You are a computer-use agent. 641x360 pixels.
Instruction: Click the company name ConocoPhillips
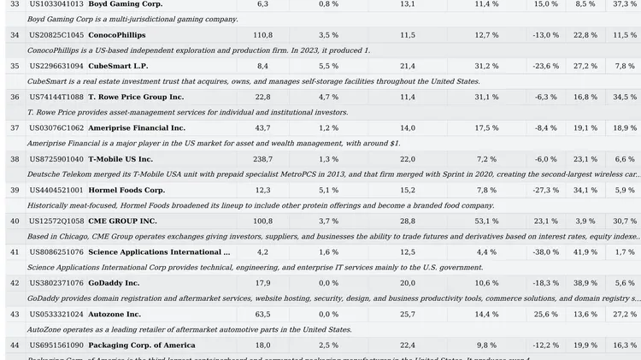(116, 35)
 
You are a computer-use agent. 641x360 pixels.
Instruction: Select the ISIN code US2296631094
(56, 66)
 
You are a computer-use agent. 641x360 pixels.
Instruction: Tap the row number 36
(15, 97)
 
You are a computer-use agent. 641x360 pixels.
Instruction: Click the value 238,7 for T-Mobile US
(262, 159)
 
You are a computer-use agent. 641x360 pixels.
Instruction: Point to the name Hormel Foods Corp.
(126, 190)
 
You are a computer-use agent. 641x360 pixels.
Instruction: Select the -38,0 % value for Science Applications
(546, 252)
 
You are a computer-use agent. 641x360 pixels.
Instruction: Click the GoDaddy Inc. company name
(114, 283)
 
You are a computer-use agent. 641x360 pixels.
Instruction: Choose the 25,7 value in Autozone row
(408, 314)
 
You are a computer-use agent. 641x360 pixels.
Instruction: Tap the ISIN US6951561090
(56, 345)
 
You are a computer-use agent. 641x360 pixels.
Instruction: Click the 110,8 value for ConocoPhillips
(262, 35)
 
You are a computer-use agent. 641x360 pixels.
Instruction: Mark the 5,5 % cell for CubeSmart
(328, 66)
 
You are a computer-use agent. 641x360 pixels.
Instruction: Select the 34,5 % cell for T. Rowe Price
(625, 97)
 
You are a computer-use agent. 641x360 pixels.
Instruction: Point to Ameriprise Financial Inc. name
(137, 128)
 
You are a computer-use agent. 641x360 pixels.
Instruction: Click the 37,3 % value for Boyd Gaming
(625, 4)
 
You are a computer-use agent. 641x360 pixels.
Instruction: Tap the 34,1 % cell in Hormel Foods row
(585, 190)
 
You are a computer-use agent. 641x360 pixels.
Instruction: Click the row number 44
(15, 345)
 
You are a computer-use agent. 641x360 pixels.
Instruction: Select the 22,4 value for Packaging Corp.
(408, 345)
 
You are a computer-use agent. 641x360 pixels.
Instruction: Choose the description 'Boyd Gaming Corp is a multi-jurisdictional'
(132, 19)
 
